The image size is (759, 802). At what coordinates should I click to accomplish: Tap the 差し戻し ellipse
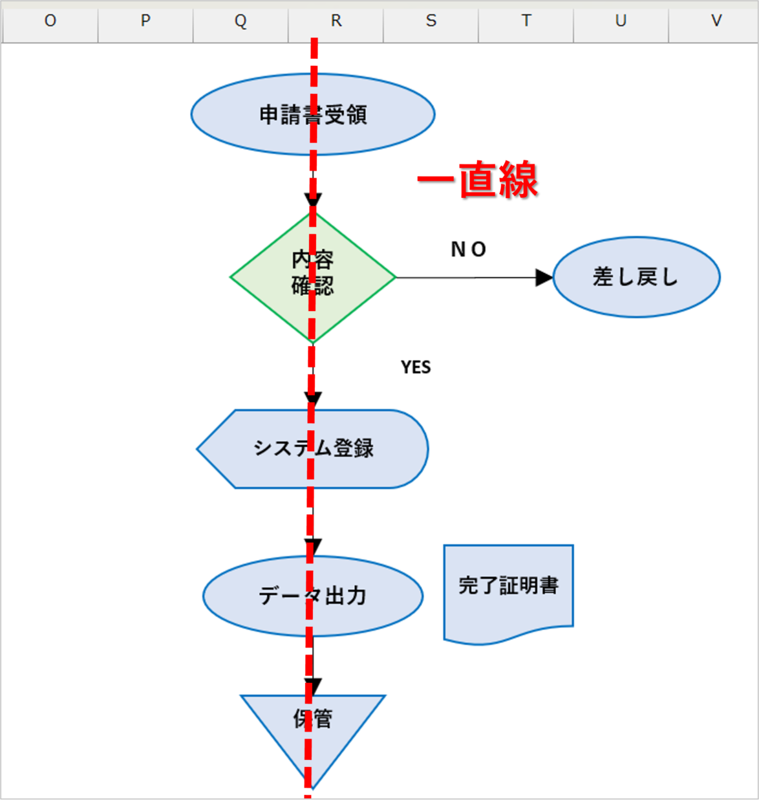[636, 277]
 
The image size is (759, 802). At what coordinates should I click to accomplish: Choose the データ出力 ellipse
[259, 596]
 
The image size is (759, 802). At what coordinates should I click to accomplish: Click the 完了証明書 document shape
[508, 586]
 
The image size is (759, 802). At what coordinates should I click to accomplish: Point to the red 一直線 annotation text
[478, 180]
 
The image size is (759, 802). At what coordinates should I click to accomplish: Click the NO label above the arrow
[468, 249]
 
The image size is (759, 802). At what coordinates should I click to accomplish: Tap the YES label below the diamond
[416, 367]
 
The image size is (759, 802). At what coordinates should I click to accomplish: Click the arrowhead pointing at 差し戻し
[544, 277]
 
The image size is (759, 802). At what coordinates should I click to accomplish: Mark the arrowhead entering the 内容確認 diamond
[313, 200]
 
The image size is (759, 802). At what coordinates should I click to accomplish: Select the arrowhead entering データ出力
[313, 547]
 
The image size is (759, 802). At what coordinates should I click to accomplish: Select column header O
[50, 21]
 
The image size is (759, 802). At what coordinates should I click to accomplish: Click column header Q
[241, 21]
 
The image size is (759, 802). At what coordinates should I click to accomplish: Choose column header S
[431, 21]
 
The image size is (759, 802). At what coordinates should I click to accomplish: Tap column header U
[621, 21]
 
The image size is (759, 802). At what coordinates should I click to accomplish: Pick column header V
[716, 21]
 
